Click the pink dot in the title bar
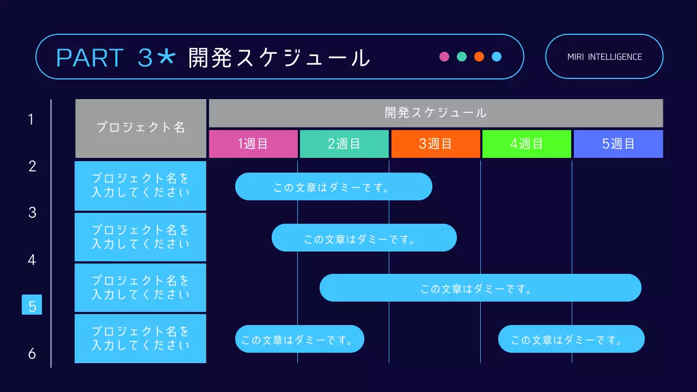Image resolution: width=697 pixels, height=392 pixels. point(444,57)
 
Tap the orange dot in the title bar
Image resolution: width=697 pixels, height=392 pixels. point(479,57)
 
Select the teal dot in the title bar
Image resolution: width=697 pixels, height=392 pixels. point(462,57)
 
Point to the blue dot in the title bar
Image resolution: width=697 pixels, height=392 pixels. point(497,57)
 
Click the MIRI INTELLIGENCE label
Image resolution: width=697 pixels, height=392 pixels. point(604,57)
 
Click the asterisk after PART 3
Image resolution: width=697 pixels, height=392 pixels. point(166,57)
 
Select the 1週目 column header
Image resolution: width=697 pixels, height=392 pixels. point(253,144)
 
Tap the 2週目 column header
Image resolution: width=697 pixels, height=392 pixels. point(344,144)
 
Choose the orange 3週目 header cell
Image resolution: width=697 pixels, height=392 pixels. point(436,144)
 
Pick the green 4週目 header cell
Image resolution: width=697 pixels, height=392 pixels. point(527,144)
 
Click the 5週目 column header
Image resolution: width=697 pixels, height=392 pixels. point(618,144)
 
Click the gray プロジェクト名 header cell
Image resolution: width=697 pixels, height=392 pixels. point(140,128)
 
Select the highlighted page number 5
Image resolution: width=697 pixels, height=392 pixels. point(32,305)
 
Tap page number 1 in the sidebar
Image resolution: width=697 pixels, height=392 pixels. point(31,119)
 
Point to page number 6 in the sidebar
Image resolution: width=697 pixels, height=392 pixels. point(32,354)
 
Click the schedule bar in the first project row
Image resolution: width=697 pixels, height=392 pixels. point(333,187)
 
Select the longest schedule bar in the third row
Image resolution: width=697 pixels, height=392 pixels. point(480,288)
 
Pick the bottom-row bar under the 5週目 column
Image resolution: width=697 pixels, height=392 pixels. point(571,339)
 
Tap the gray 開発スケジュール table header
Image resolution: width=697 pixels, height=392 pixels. point(436,113)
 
